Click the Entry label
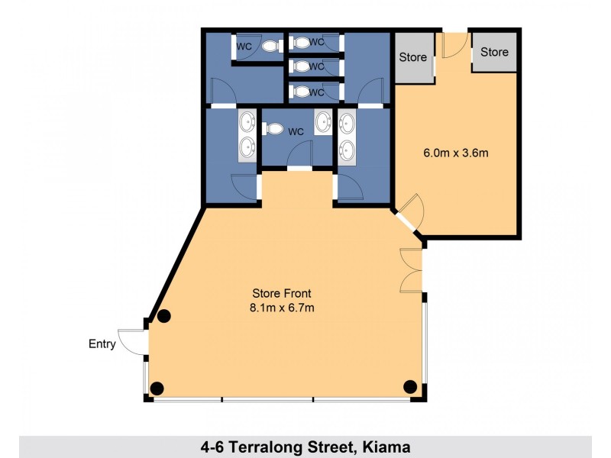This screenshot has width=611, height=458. tap(102, 344)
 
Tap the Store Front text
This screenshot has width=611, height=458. tap(282, 293)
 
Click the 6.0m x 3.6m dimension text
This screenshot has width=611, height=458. tap(455, 153)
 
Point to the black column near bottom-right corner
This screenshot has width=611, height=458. tap(410, 386)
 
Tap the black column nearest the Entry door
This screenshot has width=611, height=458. tap(163, 315)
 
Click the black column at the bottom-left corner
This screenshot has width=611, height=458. tap(157, 388)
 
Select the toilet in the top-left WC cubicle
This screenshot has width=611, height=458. tap(269, 47)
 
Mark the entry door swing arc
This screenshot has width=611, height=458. tap(134, 341)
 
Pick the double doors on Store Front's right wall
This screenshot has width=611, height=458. tap(411, 270)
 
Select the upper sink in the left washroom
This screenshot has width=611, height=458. tap(247, 121)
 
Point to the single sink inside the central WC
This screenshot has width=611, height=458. tap(324, 121)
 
